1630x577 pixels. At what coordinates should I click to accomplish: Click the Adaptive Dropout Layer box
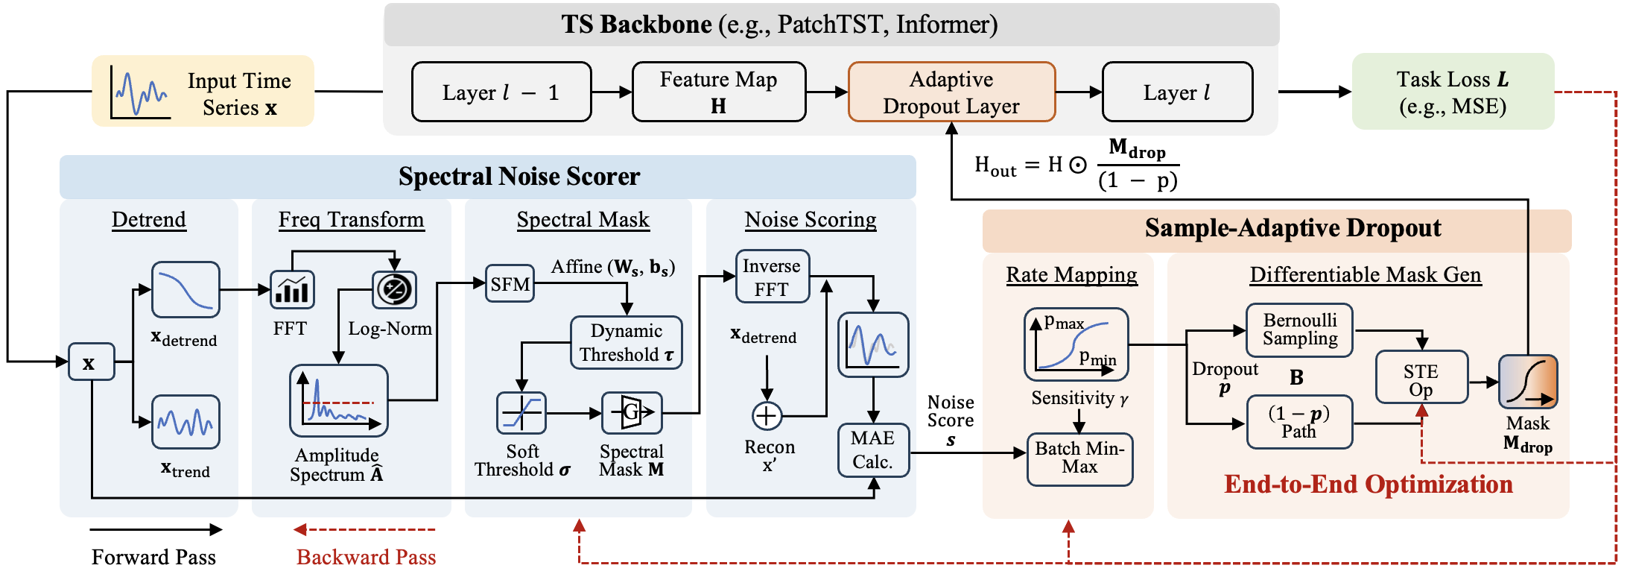[951, 92]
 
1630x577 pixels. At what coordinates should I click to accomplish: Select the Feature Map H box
[718, 92]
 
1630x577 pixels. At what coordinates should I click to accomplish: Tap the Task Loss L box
[1452, 92]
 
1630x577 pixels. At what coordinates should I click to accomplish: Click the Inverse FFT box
[772, 277]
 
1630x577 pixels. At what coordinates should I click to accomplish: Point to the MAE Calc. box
[872, 450]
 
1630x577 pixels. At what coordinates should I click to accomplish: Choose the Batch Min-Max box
[1079, 458]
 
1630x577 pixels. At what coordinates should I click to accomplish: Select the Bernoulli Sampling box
[1299, 330]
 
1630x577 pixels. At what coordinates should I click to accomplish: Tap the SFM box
[510, 283]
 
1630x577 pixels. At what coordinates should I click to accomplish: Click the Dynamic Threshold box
[626, 342]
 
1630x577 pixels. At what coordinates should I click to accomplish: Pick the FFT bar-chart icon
[291, 289]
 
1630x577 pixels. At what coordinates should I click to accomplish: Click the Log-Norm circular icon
[394, 289]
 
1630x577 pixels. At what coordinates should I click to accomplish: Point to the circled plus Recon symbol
[767, 416]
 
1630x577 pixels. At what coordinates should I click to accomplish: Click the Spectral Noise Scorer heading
[519, 177]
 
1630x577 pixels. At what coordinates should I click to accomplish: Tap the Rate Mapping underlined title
[1071, 275]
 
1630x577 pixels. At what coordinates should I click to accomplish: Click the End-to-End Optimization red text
[1368, 485]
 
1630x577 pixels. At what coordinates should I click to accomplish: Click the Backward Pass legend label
[366, 557]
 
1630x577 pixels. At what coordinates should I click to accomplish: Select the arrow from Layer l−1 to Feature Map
[611, 92]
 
